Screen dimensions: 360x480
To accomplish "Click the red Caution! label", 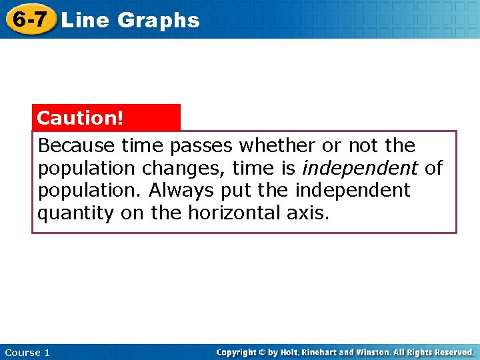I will pyautogui.click(x=81, y=118).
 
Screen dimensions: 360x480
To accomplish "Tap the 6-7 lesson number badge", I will pyautogui.click(x=29, y=19).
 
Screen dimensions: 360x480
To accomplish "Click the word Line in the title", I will pyautogui.click(x=85, y=20).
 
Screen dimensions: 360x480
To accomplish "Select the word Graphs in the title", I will pyautogui.click(x=158, y=20).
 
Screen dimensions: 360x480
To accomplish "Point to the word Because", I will pyautogui.click(x=77, y=145).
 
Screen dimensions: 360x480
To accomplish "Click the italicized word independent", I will pyautogui.click(x=360, y=168).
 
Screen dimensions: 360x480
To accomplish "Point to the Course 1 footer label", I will pyautogui.click(x=27, y=352).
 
